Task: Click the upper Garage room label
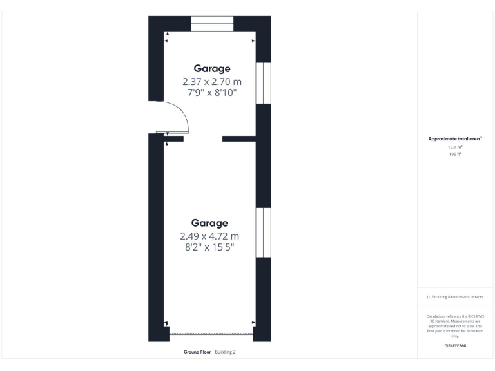212,68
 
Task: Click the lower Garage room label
209,223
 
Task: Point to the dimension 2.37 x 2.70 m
212,81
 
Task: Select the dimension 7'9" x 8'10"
212,93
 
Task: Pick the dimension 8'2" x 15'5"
209,247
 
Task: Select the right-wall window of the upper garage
263,82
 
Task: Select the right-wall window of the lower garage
263,233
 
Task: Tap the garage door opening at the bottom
211,334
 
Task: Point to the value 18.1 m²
456,147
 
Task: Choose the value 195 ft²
456,154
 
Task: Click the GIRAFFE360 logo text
456,346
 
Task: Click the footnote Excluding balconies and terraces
456,297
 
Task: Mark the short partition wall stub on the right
239,138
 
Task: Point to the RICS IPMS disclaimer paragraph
456,326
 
